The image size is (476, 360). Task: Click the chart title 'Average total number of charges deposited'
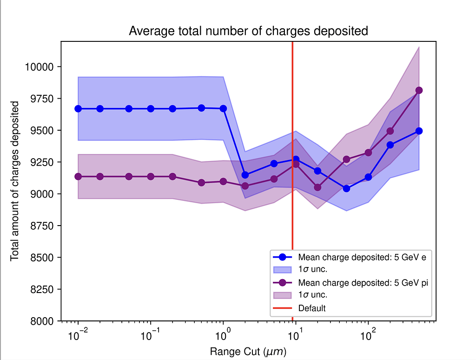pos(248,31)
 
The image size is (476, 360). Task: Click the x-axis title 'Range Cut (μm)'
pos(248,352)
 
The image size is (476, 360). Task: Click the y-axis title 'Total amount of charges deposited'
pos(15,180)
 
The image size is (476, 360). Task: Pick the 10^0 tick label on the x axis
pos(223,334)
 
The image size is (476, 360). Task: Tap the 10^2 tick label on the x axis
pos(368,334)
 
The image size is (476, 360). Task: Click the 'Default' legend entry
pos(312,308)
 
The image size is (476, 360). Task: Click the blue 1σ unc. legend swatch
pos(282,270)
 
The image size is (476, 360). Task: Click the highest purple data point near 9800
pos(419,90)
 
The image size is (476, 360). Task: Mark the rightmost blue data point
pos(419,131)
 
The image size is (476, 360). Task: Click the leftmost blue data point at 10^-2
pos(78,109)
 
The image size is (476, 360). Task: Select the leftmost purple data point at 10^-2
pos(78,177)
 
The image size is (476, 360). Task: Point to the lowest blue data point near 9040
pos(346,188)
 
